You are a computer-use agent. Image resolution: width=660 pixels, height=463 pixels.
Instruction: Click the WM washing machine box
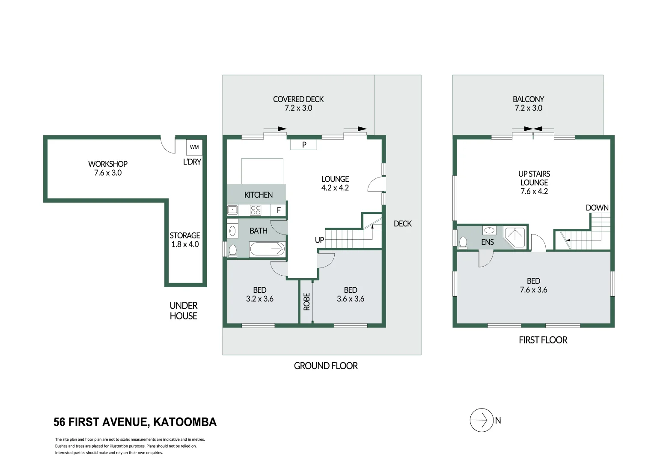coord(194,147)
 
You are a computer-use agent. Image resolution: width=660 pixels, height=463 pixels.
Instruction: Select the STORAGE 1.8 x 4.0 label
coord(185,240)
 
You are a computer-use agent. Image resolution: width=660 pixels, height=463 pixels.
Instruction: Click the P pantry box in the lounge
coord(304,144)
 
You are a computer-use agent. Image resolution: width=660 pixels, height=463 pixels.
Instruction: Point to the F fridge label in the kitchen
coord(279,210)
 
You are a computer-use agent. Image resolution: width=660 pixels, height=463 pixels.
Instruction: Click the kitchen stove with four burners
coord(256,210)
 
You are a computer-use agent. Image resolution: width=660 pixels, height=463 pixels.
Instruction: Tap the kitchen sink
coord(232,210)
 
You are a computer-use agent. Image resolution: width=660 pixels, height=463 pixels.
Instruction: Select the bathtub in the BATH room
coord(267,249)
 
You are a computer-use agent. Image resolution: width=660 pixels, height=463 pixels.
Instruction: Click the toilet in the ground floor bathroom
coord(232,250)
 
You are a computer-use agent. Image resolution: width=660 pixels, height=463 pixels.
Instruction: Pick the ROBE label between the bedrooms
coord(306,301)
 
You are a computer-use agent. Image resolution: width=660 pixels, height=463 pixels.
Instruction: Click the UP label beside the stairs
coord(319,240)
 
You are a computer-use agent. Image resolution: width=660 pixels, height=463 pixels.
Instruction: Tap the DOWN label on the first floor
coord(597,208)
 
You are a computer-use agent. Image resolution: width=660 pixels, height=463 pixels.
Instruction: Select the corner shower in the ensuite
coord(515,237)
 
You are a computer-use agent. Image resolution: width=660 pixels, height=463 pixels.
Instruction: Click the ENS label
coord(488,242)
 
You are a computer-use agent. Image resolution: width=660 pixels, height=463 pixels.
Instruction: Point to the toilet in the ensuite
coord(463,243)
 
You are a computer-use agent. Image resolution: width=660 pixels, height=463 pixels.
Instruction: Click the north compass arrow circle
coord(482,420)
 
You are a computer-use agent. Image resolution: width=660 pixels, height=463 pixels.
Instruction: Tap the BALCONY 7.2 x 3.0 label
coord(528,103)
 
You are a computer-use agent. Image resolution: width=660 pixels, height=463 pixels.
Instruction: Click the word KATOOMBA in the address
coord(185,422)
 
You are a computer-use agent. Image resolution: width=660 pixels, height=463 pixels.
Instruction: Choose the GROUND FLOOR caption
coord(326,366)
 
